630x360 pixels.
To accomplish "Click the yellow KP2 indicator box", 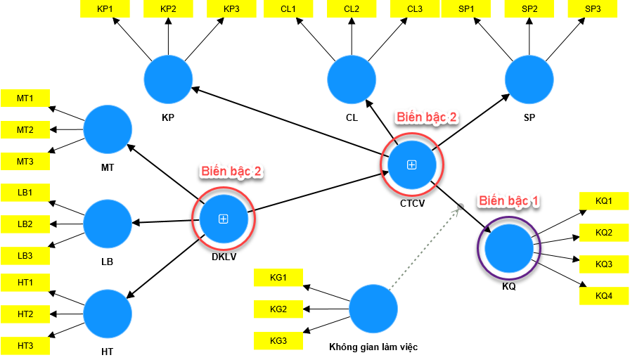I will click(168, 8).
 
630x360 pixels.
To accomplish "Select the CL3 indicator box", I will click(414, 8).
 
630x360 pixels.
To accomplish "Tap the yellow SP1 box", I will click(466, 8).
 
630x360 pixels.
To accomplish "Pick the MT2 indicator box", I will click(25, 130).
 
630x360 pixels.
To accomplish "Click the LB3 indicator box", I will click(25, 256).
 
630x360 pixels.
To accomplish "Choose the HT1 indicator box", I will click(25, 283).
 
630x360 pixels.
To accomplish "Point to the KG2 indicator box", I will click(278, 309).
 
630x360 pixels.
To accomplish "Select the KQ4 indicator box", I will click(604, 296).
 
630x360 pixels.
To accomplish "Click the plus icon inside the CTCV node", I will click(412, 165).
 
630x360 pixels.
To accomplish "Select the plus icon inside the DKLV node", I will click(224, 219).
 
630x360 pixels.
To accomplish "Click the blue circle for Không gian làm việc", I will click(373, 309).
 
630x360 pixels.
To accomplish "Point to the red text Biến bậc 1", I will click(509, 201).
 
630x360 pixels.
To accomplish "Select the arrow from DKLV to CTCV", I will click(316, 191).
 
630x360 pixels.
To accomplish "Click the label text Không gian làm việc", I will click(373, 347).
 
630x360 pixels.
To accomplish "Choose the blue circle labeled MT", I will click(108, 130).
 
